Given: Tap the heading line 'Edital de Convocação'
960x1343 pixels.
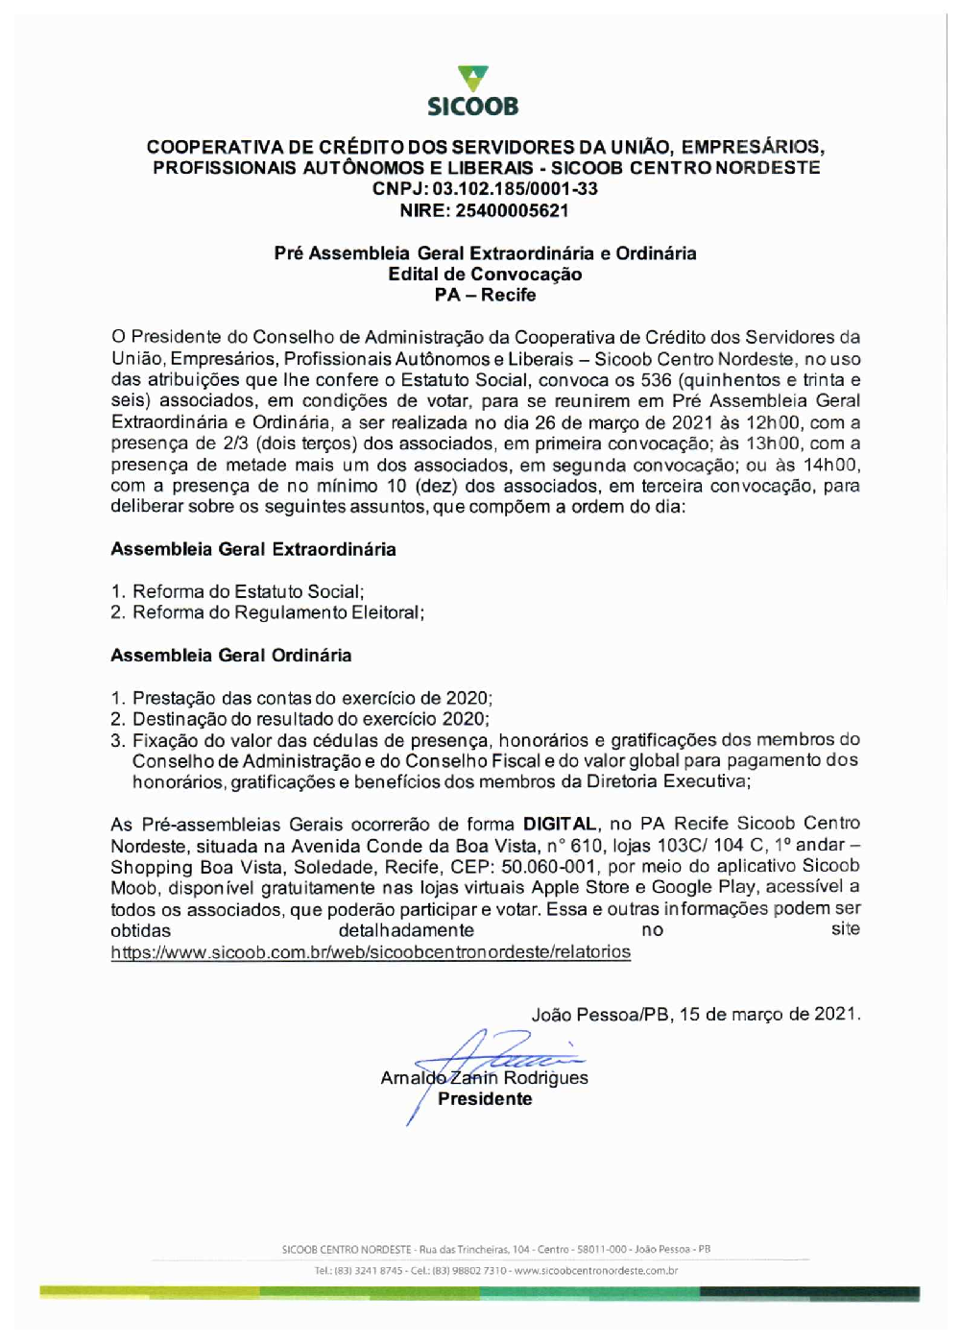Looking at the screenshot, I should pyautogui.click(x=485, y=275).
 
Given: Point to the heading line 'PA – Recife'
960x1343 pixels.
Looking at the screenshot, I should pyautogui.click(x=485, y=296).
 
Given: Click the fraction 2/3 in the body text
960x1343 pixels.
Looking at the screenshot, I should pyautogui.click(x=237, y=444).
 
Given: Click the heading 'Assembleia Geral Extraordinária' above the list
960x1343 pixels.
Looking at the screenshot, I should pyautogui.click(x=253, y=550).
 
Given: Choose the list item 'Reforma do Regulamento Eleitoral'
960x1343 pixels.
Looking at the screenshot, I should pyautogui.click(x=277, y=612).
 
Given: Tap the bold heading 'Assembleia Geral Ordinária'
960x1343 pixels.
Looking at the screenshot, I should pyautogui.click(x=231, y=656).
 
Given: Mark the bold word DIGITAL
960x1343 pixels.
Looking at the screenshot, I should pyautogui.click(x=560, y=824).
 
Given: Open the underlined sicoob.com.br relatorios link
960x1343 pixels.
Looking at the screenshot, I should pyautogui.click(x=371, y=952).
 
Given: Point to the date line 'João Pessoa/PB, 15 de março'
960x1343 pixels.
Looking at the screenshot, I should pyautogui.click(x=696, y=1015).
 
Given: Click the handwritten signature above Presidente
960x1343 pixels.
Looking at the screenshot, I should pyautogui.click(x=499, y=1056).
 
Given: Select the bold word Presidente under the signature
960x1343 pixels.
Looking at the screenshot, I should pyautogui.click(x=485, y=1099).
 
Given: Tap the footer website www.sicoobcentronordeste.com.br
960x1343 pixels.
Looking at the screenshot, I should pyautogui.click(x=595, y=1271).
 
